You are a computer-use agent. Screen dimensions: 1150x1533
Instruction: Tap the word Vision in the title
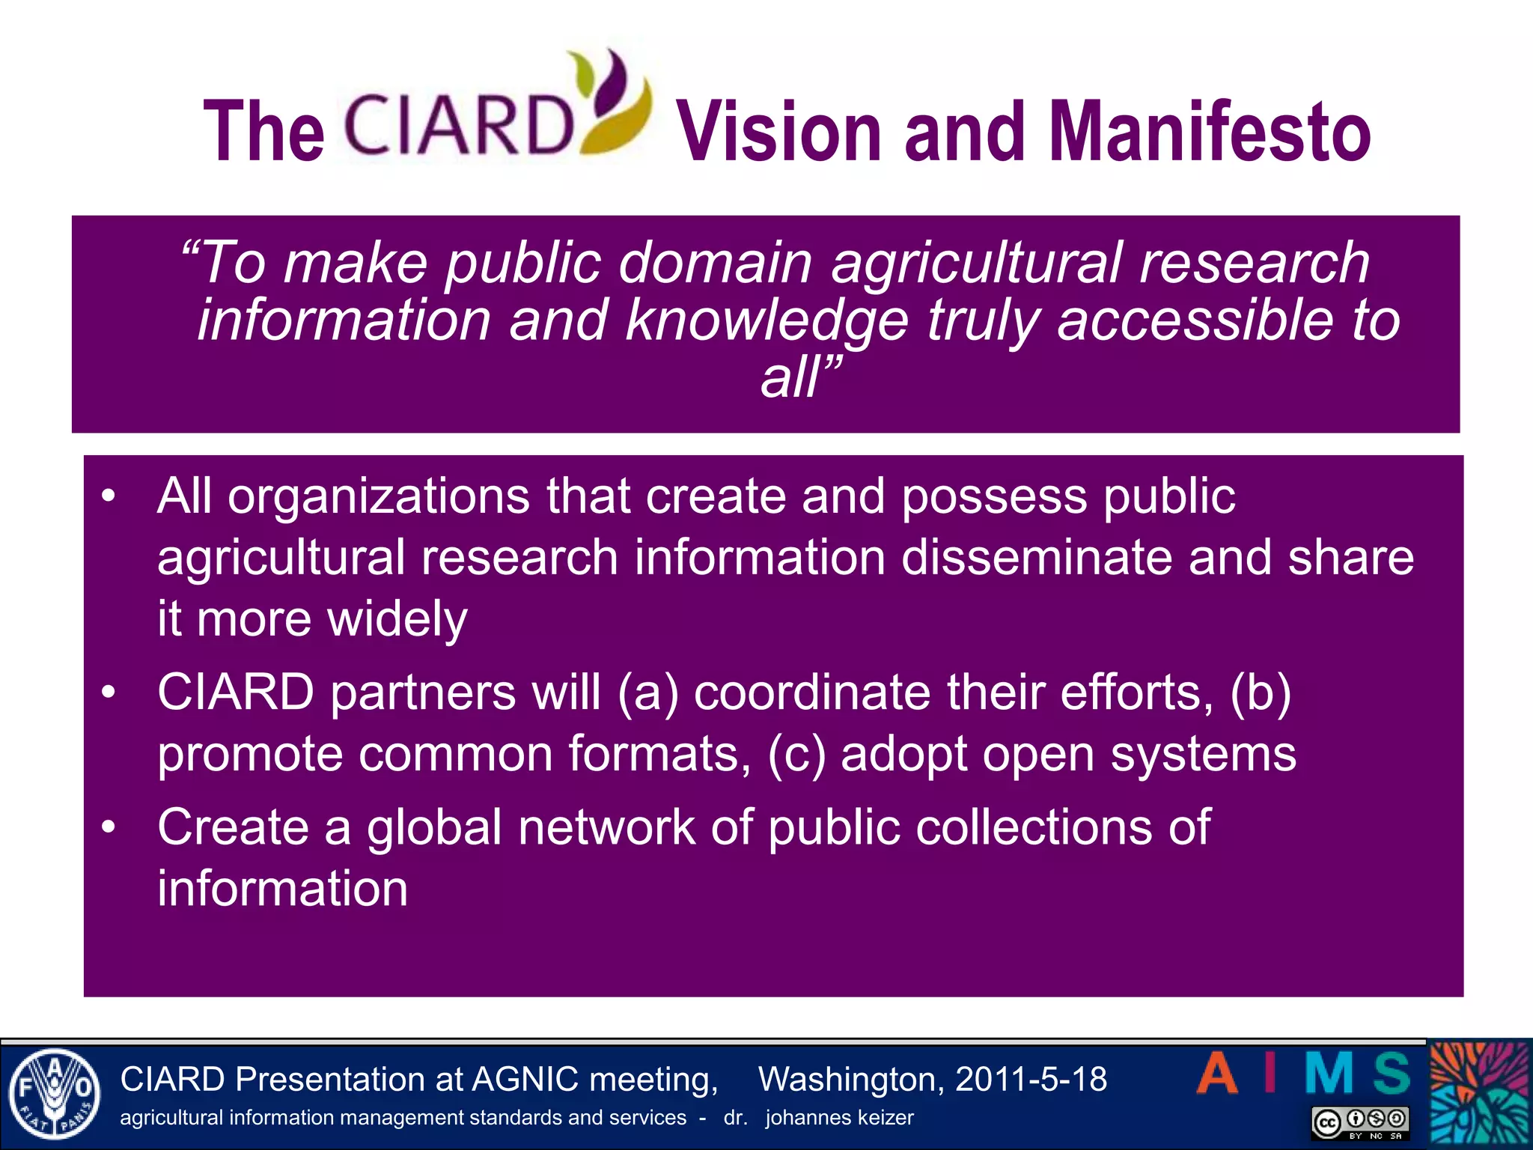click(x=779, y=133)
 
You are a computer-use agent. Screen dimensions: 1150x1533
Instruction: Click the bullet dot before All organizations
click(x=109, y=496)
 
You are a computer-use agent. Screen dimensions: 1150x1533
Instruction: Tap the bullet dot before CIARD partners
click(x=109, y=692)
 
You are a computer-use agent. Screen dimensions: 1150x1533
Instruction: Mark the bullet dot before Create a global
click(x=109, y=827)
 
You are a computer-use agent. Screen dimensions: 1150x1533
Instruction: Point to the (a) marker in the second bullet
click(x=647, y=693)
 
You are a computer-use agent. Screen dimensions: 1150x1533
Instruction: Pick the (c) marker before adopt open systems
click(x=796, y=754)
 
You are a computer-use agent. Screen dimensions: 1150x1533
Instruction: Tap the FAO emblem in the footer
click(x=53, y=1094)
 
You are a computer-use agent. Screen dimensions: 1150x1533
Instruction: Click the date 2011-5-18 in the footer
click(x=1031, y=1080)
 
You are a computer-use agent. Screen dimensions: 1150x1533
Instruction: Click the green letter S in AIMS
click(x=1392, y=1073)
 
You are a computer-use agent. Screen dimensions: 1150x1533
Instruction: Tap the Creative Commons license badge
click(x=1360, y=1122)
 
